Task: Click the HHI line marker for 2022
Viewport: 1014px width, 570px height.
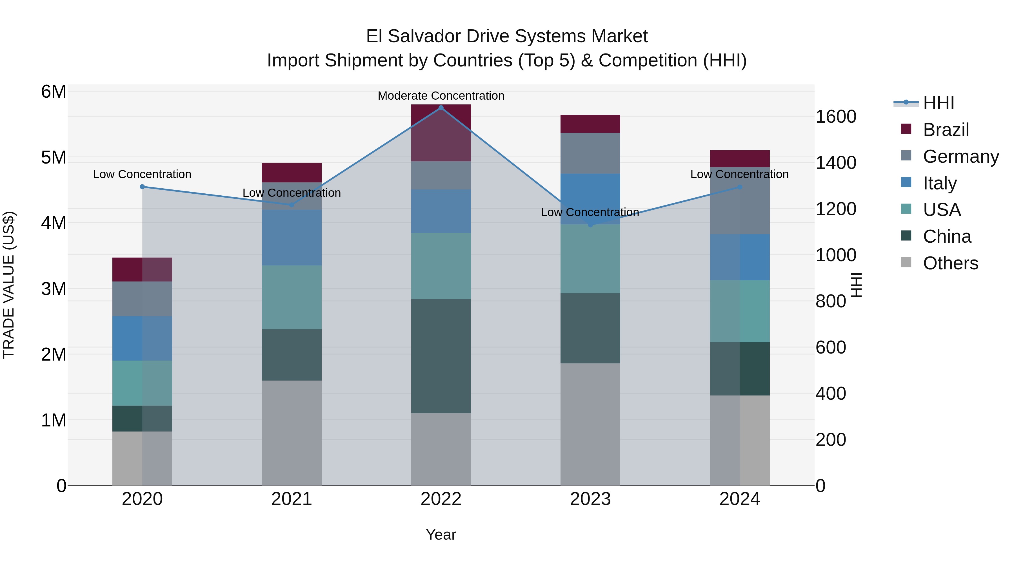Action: [x=441, y=108]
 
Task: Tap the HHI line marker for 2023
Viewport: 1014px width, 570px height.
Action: [x=590, y=225]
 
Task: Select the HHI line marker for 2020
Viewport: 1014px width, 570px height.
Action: [x=143, y=187]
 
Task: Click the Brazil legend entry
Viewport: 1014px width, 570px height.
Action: [x=946, y=130]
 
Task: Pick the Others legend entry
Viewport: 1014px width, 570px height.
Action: [x=950, y=263]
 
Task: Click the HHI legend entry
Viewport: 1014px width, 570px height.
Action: [x=939, y=103]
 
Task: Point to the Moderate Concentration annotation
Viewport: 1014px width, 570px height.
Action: [x=441, y=96]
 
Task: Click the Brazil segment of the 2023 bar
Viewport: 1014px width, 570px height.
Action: [x=590, y=124]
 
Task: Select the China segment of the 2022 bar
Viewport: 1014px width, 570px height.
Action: [x=441, y=356]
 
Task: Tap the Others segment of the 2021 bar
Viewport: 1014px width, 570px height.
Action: [x=292, y=433]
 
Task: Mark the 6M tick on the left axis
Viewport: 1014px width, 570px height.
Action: [x=54, y=92]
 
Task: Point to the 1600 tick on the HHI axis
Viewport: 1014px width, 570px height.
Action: [x=835, y=117]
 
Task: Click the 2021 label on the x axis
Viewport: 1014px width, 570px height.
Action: [x=292, y=499]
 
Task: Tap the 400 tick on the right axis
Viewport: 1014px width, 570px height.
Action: [x=831, y=394]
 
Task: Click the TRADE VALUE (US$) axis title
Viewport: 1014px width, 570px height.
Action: [x=9, y=285]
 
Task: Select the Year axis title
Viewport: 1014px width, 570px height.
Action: [x=441, y=535]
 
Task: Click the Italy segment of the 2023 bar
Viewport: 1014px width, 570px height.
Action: [x=590, y=199]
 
